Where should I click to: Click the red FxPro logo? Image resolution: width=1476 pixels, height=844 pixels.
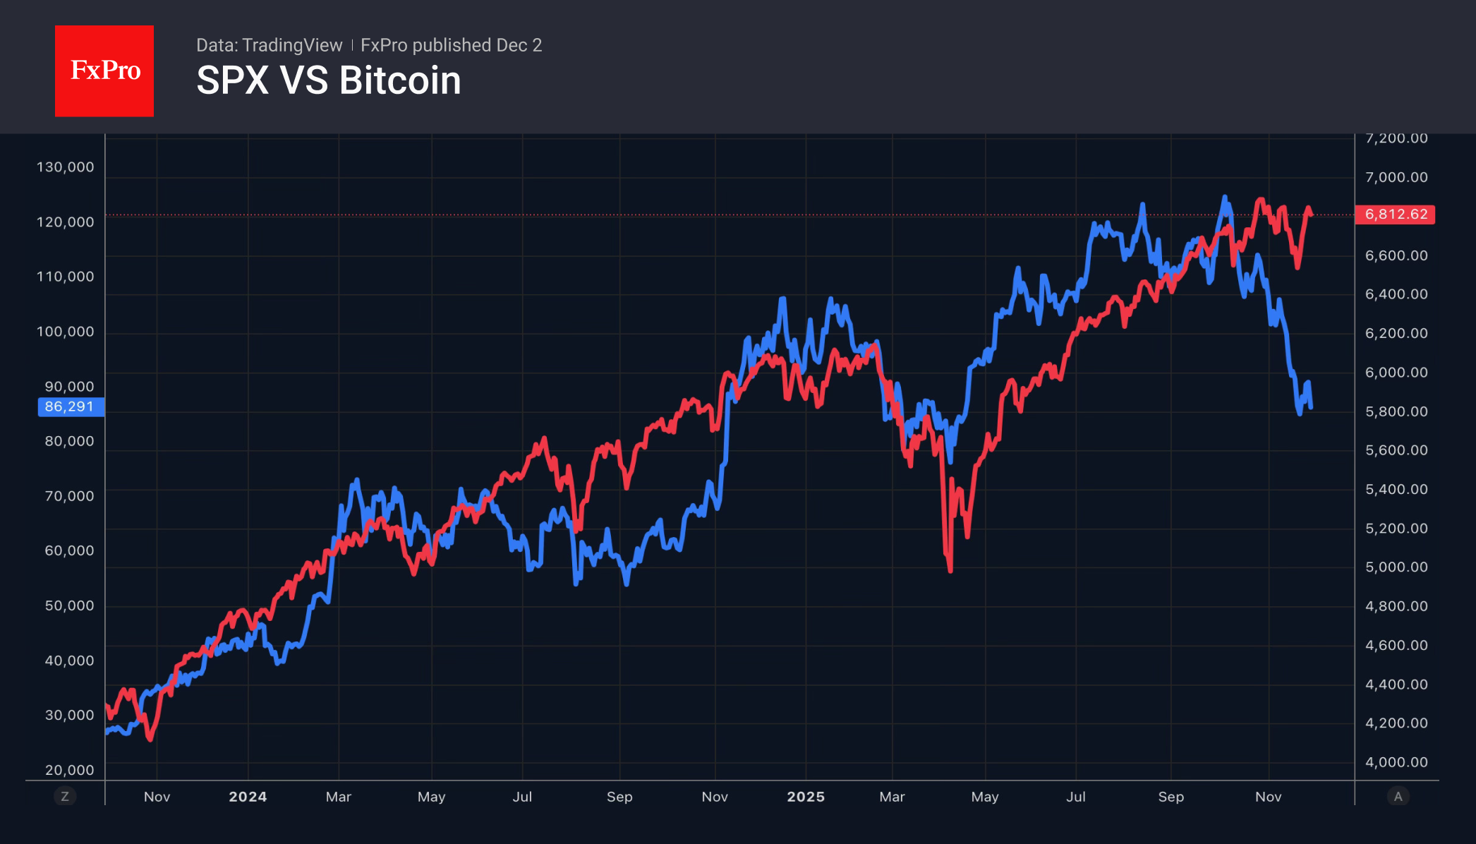[104, 71]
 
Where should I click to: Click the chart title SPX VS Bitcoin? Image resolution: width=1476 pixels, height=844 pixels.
[328, 80]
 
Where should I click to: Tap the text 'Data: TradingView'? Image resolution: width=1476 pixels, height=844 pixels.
[269, 45]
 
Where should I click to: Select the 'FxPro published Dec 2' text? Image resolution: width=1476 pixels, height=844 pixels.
[451, 45]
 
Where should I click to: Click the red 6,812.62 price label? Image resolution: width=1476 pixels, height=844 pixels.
[1395, 215]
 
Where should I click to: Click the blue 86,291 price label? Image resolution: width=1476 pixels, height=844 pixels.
[70, 406]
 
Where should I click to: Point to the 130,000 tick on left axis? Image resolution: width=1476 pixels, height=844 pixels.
[65, 167]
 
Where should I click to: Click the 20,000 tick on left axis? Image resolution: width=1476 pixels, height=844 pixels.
[69, 770]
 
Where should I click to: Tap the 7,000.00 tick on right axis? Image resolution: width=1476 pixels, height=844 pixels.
[1396, 177]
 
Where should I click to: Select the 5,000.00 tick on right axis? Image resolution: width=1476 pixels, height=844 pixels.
[1396, 567]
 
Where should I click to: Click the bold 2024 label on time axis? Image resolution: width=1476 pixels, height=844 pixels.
[248, 797]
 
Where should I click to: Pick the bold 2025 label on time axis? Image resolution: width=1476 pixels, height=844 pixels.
[806, 797]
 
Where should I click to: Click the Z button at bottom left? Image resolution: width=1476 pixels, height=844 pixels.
[65, 797]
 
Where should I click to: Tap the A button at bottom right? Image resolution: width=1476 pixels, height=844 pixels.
[1398, 797]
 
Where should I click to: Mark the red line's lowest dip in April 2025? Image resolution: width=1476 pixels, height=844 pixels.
[950, 569]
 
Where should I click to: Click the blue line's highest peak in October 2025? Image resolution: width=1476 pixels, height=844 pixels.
[1224, 198]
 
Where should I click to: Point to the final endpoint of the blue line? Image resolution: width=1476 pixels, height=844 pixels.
[1311, 407]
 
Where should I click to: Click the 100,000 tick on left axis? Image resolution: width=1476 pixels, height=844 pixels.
[65, 332]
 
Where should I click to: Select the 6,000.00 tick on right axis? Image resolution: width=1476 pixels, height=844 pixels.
[1396, 373]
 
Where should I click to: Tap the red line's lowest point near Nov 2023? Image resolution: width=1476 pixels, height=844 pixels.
[150, 739]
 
